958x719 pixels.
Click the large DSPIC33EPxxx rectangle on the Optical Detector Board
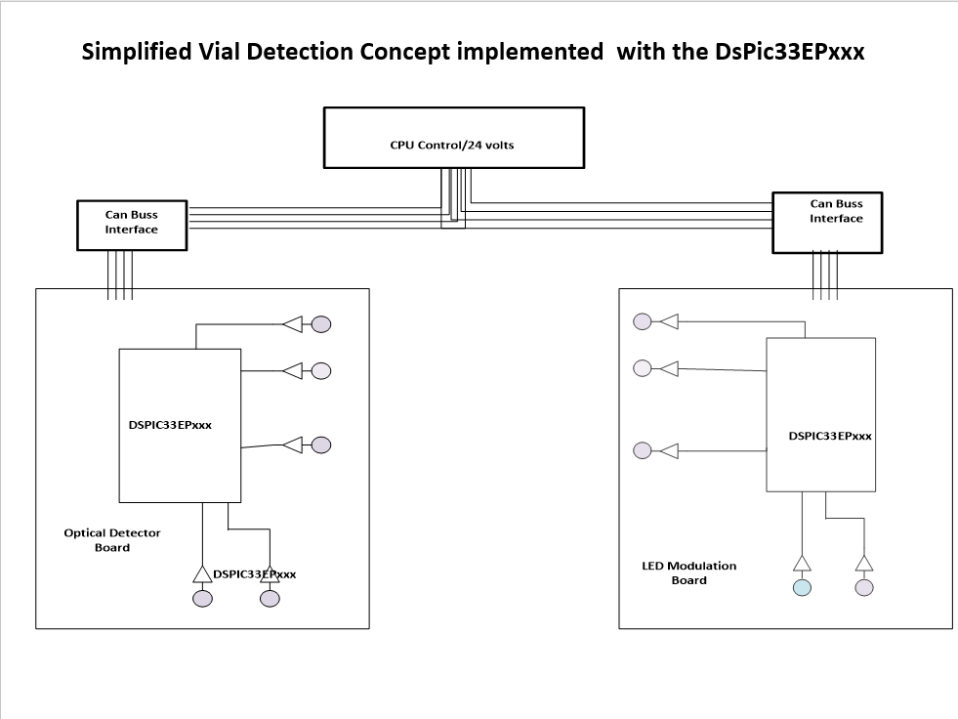coord(180,424)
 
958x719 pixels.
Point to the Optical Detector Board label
coord(111,540)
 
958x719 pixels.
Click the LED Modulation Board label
coord(688,572)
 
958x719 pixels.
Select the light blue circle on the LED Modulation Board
coord(802,587)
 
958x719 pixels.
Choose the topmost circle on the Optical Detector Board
coord(320,324)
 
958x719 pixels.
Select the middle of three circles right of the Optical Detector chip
coord(320,370)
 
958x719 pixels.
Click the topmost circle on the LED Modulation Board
coord(643,321)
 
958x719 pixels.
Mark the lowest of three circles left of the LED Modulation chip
coord(643,450)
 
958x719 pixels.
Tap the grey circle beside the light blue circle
coord(863,587)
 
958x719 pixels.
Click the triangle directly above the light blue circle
coord(802,563)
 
